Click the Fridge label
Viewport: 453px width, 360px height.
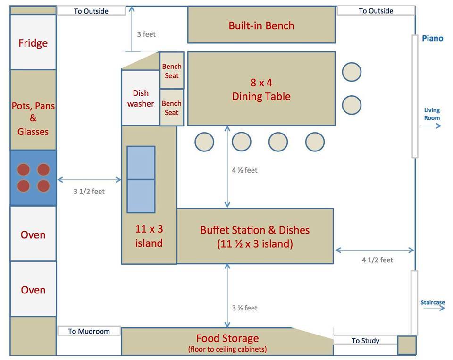(33, 43)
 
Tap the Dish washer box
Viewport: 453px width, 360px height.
(141, 98)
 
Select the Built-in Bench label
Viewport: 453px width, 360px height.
(261, 25)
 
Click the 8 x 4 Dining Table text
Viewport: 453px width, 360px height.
(261, 90)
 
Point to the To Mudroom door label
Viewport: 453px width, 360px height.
(89, 331)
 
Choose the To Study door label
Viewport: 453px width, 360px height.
(365, 341)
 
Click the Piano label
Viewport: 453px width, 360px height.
(433, 38)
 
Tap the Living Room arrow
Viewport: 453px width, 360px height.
(430, 126)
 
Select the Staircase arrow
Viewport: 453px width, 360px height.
(434, 308)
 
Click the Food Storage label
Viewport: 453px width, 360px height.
(227, 338)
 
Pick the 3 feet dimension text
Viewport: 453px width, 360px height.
(146, 34)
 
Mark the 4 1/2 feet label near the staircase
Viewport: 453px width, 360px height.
(377, 260)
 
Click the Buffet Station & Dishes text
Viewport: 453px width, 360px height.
(255, 230)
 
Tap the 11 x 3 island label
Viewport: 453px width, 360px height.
(149, 236)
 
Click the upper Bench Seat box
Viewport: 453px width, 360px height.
(172, 70)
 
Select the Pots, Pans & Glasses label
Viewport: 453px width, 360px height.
(33, 118)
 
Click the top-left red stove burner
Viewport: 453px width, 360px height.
(24, 169)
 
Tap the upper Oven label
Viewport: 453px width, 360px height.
(33, 235)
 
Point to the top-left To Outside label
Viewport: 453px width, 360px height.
(91, 11)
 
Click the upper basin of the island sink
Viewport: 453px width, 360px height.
(141, 163)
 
